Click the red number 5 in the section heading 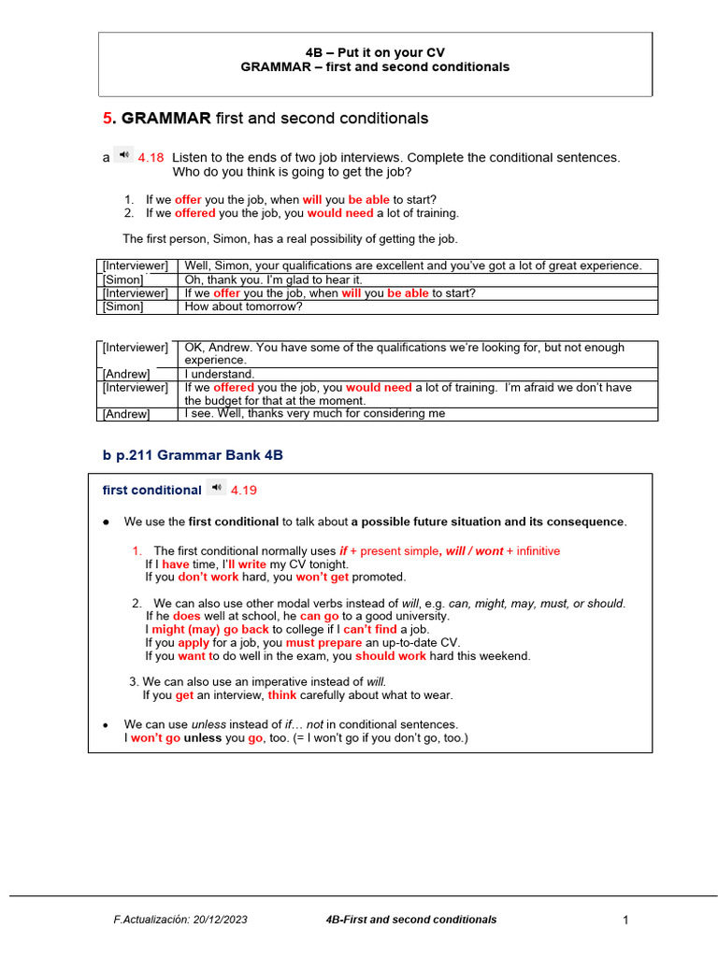(108, 119)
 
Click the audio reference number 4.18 (151, 158)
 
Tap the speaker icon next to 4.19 (217, 488)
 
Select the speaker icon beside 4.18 (124, 156)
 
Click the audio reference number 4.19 (243, 490)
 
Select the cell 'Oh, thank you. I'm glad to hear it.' (273, 279)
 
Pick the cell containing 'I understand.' (220, 374)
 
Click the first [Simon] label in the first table (123, 279)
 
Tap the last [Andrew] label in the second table (126, 414)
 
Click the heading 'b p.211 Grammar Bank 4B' (192, 455)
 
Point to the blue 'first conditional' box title (151, 490)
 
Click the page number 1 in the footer (625, 921)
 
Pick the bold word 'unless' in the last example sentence (202, 738)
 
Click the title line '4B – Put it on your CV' (375, 52)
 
